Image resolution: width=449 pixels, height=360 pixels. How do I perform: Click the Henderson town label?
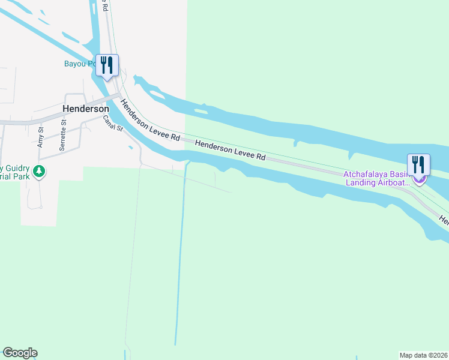tap(86, 109)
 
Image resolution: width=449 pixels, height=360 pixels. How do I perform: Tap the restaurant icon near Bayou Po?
tap(107, 65)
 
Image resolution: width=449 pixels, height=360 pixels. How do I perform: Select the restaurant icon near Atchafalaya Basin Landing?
tap(418, 165)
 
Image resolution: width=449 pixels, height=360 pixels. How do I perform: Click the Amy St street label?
tap(41, 137)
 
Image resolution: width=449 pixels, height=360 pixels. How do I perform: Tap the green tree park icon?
tap(39, 172)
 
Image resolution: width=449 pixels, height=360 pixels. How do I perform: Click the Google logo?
tap(20, 353)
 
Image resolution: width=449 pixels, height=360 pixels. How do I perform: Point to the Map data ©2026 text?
tap(423, 355)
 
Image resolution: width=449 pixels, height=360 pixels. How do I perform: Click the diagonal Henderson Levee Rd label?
tap(150, 120)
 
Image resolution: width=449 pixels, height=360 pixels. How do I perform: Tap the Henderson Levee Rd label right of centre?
tap(230, 150)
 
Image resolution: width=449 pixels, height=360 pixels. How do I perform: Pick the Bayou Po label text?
tap(80, 64)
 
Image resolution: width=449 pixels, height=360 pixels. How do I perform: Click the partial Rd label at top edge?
tap(104, 6)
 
